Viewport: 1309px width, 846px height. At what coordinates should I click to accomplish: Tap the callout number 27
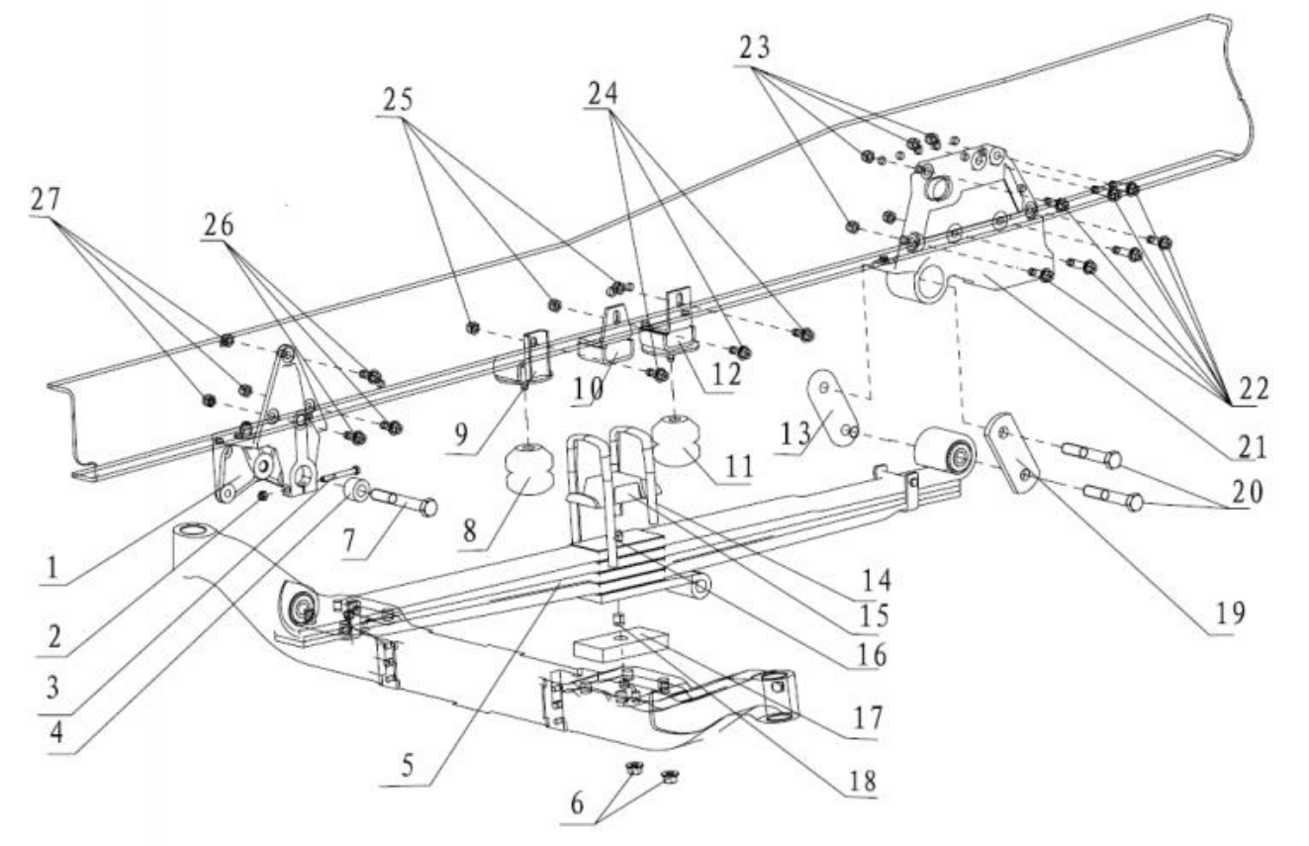coord(46,200)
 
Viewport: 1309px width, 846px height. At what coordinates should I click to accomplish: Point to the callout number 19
coord(1230,612)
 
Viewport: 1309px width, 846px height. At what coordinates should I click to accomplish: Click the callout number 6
coord(577,803)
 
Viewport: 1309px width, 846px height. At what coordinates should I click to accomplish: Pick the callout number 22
coord(1254,388)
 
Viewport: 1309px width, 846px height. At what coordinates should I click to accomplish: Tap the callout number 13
coord(796,433)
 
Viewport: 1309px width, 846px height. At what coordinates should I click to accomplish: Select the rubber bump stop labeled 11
coord(678,441)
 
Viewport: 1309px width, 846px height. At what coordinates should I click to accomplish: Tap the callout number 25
coord(398,100)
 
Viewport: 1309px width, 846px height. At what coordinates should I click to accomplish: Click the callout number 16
coord(872,656)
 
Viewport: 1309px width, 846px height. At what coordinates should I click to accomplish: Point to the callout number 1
coord(52,567)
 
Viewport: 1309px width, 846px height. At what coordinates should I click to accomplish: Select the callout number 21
coord(1251,447)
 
